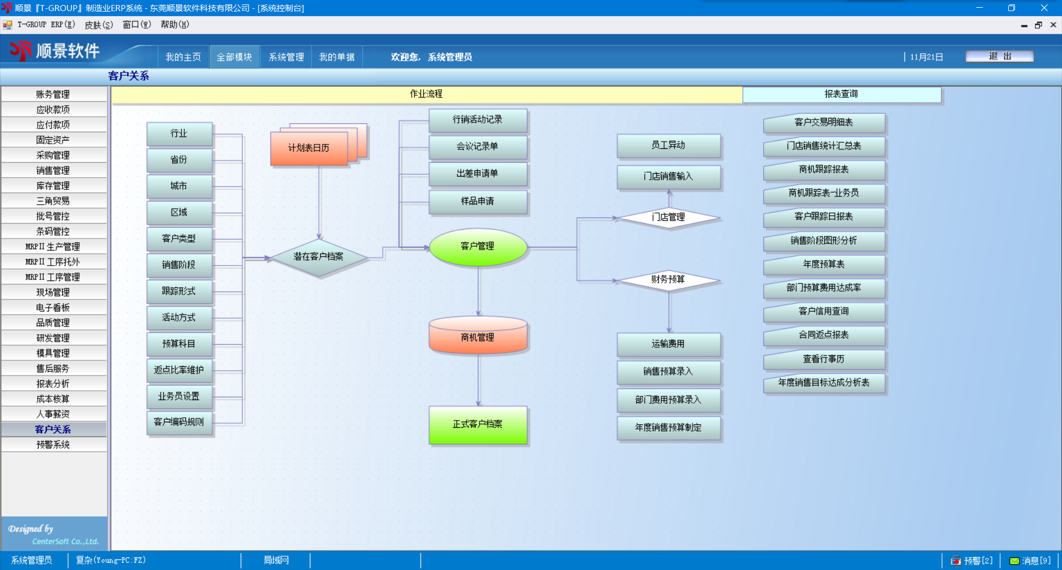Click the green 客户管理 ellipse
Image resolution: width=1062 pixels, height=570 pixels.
[x=478, y=246]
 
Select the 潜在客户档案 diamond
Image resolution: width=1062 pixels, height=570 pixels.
[x=319, y=257]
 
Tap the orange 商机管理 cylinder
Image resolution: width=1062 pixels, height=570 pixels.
[x=478, y=336]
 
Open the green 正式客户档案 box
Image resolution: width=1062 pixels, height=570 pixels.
[x=478, y=424]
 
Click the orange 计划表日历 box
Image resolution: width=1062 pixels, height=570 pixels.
[x=309, y=148]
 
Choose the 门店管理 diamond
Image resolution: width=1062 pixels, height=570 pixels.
[x=668, y=217]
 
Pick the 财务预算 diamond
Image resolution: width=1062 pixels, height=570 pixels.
[x=668, y=280]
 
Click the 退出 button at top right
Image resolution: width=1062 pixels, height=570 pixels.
[x=999, y=56]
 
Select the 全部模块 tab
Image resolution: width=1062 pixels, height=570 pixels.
[x=235, y=57]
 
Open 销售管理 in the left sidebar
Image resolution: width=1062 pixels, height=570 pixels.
[x=53, y=170]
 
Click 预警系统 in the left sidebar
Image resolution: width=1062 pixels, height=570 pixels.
[x=53, y=445]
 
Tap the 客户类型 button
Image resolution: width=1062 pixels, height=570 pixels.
[x=179, y=239]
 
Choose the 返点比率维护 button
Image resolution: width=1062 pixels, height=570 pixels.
[x=179, y=370]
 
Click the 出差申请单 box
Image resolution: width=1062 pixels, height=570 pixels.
[x=478, y=174]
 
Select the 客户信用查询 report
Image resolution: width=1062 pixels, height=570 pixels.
[x=824, y=312]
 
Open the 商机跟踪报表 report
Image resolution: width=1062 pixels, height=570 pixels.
[x=824, y=170]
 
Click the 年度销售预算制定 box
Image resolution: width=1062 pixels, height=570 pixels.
[x=668, y=428]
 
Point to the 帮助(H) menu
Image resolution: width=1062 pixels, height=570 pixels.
[x=175, y=24]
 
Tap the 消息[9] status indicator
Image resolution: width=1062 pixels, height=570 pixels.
[x=1030, y=561]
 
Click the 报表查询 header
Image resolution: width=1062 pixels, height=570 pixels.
[x=841, y=94]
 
